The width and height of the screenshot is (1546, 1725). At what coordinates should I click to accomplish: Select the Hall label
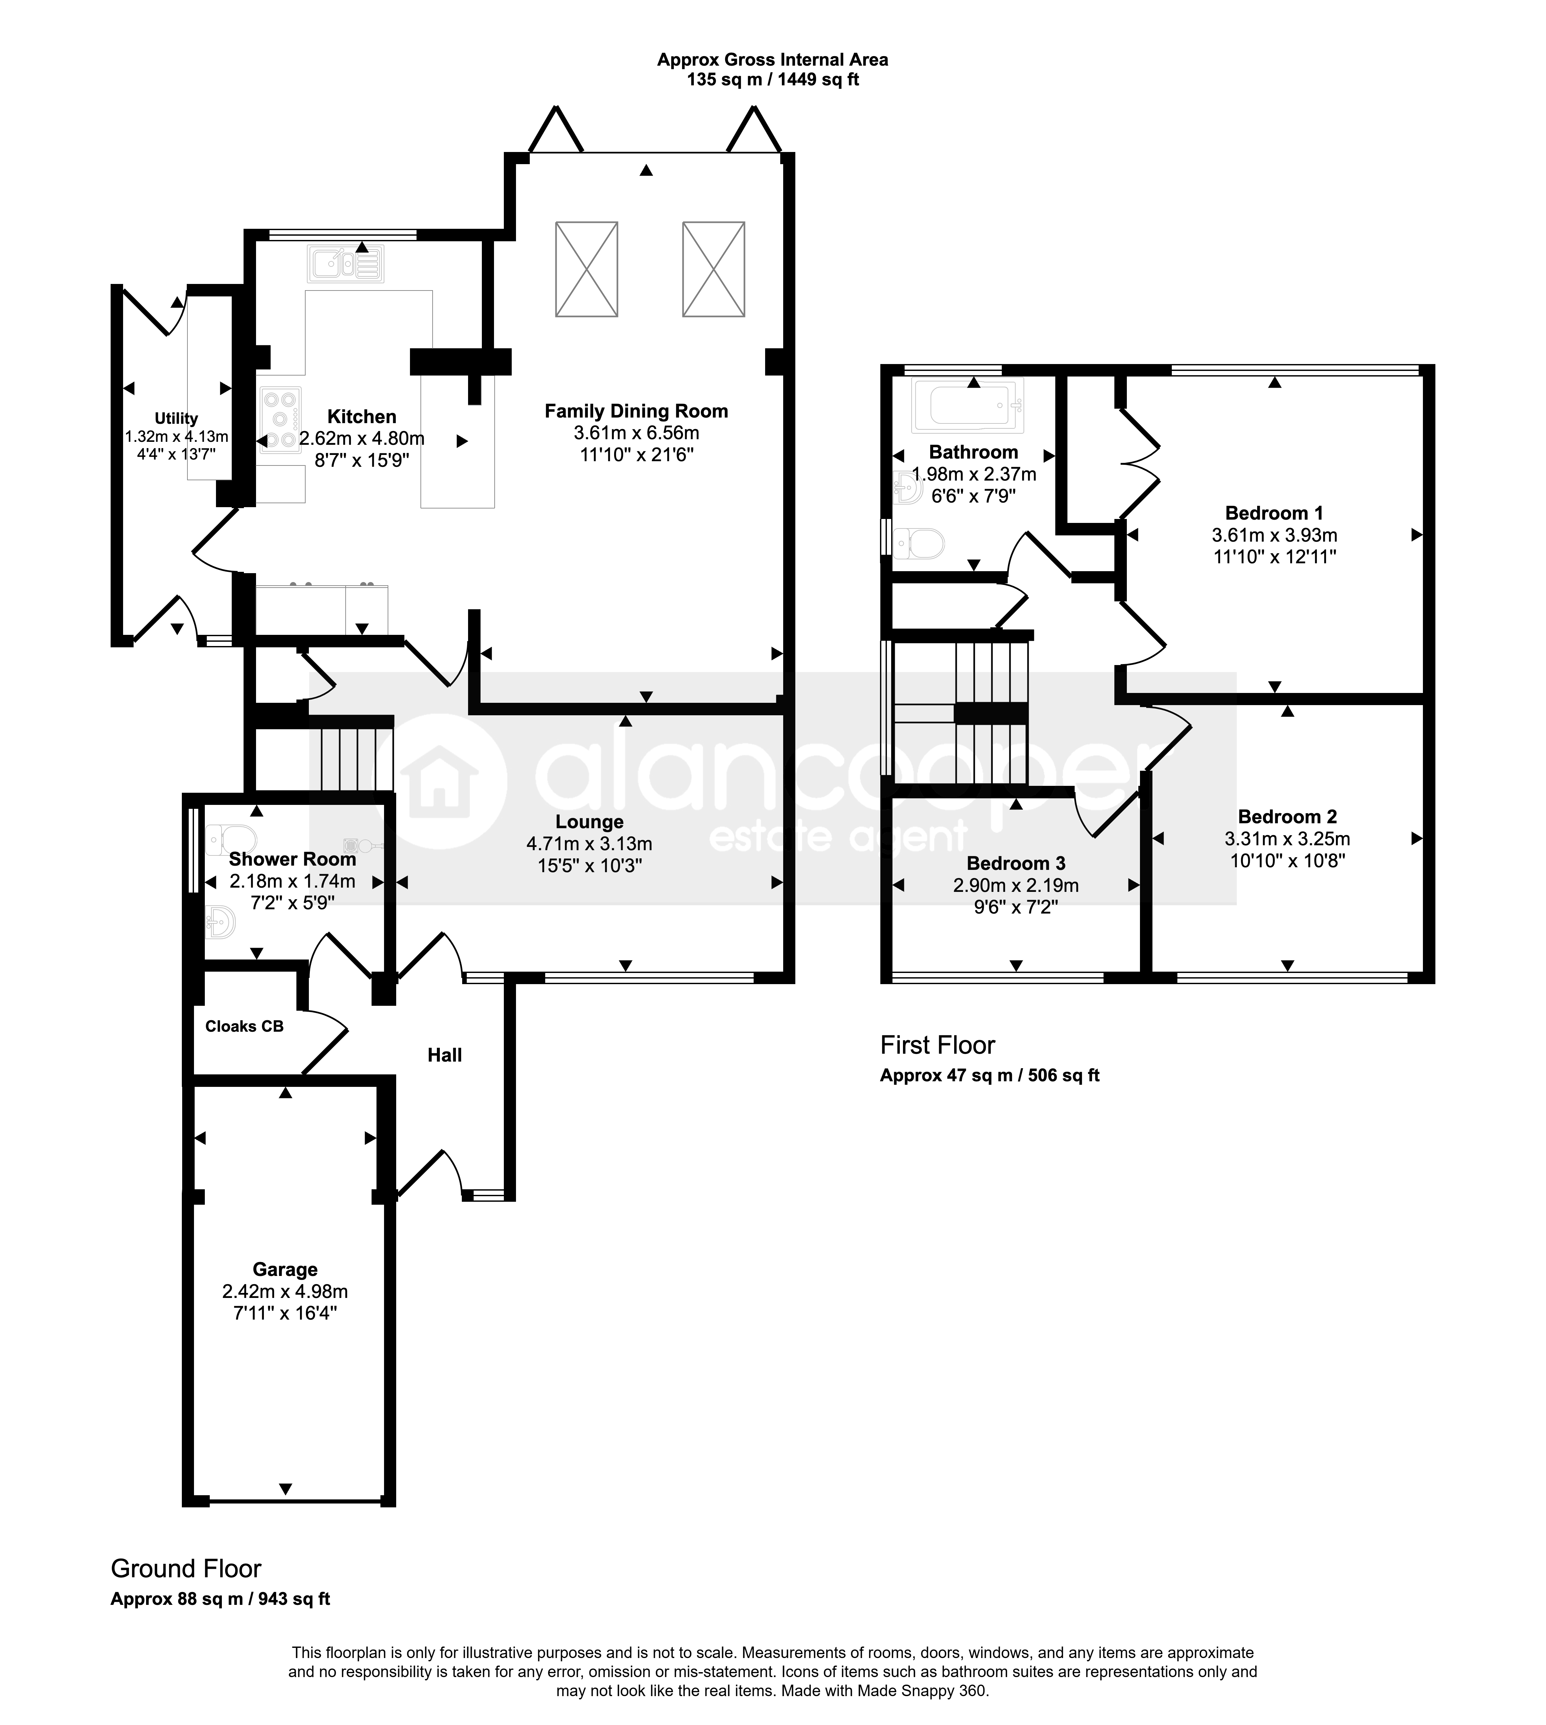point(444,1055)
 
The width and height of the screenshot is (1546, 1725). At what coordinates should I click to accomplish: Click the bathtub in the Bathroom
point(968,405)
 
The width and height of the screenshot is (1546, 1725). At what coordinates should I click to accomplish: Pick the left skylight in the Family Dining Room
point(586,269)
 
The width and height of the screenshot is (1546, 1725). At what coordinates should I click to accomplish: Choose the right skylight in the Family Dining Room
point(714,269)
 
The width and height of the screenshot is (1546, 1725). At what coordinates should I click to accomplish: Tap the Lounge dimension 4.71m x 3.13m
point(590,843)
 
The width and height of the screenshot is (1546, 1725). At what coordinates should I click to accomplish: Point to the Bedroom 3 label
point(1016,863)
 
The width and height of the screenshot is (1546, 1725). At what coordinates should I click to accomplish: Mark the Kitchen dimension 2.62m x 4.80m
point(362,438)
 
